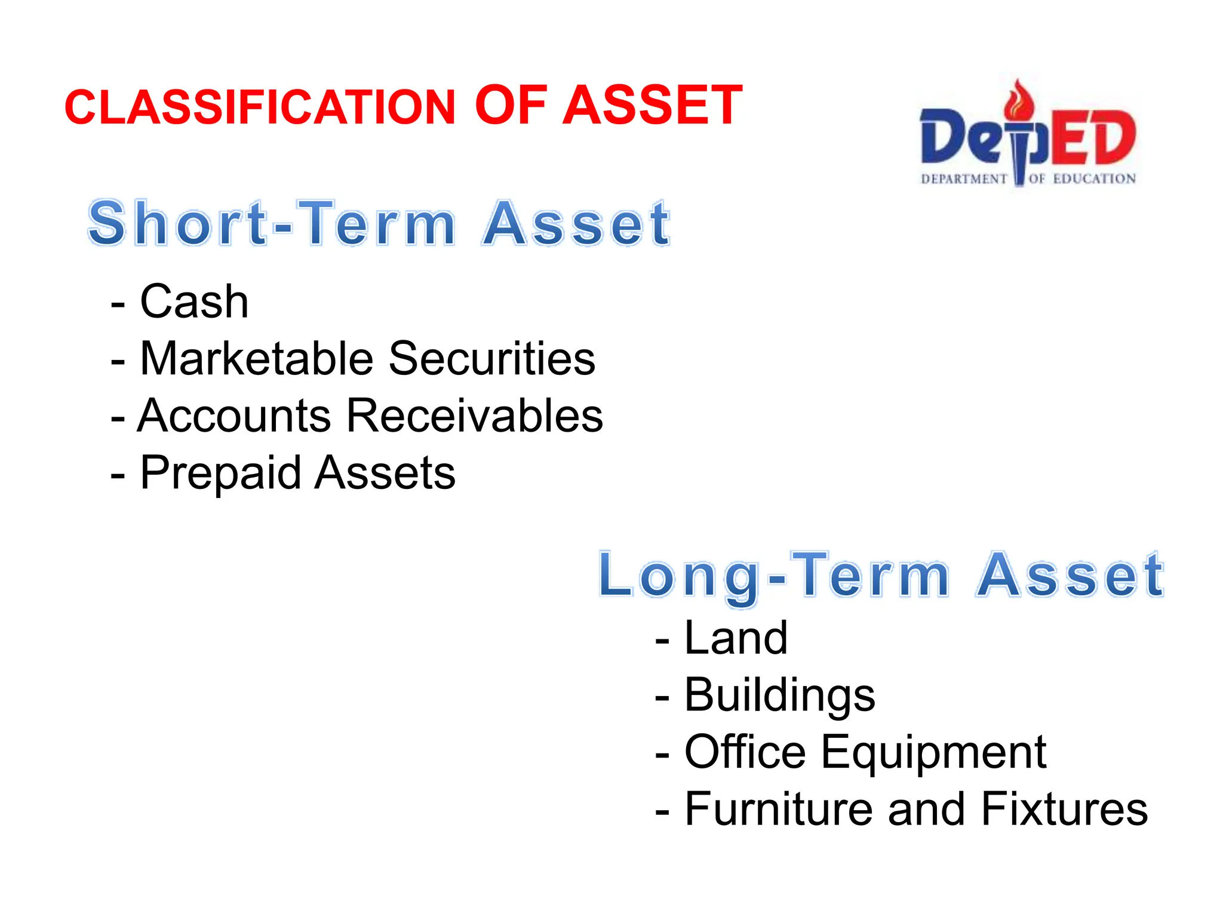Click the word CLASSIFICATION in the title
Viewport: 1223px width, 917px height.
pyautogui.click(x=260, y=107)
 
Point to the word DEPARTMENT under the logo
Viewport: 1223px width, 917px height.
pyautogui.click(x=964, y=179)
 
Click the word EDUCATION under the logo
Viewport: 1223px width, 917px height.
pyautogui.click(x=1094, y=179)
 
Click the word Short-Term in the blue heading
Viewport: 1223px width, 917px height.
pyautogui.click(x=272, y=223)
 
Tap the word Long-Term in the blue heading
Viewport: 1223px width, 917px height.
pyautogui.click(x=773, y=576)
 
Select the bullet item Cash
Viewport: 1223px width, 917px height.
pyautogui.click(x=193, y=301)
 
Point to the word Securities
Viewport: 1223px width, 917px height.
pyautogui.click(x=492, y=359)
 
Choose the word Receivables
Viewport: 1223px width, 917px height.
pyautogui.click(x=475, y=416)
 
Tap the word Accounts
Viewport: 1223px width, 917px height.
pyautogui.click(x=234, y=416)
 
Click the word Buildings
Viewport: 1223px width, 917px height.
pyautogui.click(x=779, y=696)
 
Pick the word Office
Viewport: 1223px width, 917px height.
pyautogui.click(x=745, y=752)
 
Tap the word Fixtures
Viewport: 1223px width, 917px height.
pyautogui.click(x=1064, y=809)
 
